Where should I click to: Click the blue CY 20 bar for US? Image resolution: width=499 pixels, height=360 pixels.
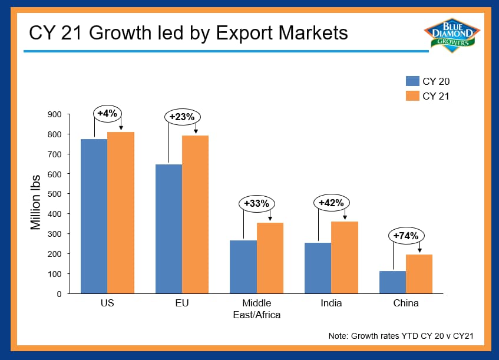(x=94, y=216)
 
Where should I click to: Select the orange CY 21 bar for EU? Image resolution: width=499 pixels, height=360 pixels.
(x=196, y=214)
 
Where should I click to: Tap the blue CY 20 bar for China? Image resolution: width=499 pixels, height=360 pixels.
(x=393, y=282)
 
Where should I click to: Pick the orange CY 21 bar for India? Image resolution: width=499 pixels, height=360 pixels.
(x=345, y=257)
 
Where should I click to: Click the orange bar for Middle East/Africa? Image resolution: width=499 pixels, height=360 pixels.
(x=270, y=258)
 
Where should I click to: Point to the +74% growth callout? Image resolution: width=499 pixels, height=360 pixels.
(x=406, y=236)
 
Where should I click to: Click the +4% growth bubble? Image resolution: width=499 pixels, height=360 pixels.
(x=108, y=114)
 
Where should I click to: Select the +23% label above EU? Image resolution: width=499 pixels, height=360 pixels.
(x=183, y=117)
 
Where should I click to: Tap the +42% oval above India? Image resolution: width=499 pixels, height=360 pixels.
(x=332, y=203)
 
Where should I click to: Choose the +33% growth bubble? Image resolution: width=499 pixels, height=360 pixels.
(x=257, y=203)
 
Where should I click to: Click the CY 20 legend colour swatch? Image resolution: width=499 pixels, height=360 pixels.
(x=412, y=81)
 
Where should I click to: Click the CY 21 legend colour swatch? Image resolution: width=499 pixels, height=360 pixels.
(x=412, y=96)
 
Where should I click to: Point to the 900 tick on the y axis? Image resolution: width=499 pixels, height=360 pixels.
(x=54, y=114)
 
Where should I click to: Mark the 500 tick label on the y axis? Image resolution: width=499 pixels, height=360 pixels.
(x=54, y=194)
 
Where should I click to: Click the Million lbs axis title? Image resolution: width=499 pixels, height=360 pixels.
(x=35, y=203)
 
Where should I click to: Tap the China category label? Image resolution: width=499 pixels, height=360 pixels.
(x=406, y=303)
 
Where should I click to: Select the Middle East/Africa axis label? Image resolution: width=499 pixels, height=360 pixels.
(x=257, y=309)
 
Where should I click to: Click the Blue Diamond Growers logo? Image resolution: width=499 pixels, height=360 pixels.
(x=452, y=35)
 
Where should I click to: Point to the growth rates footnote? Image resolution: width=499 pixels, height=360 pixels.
(x=401, y=336)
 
